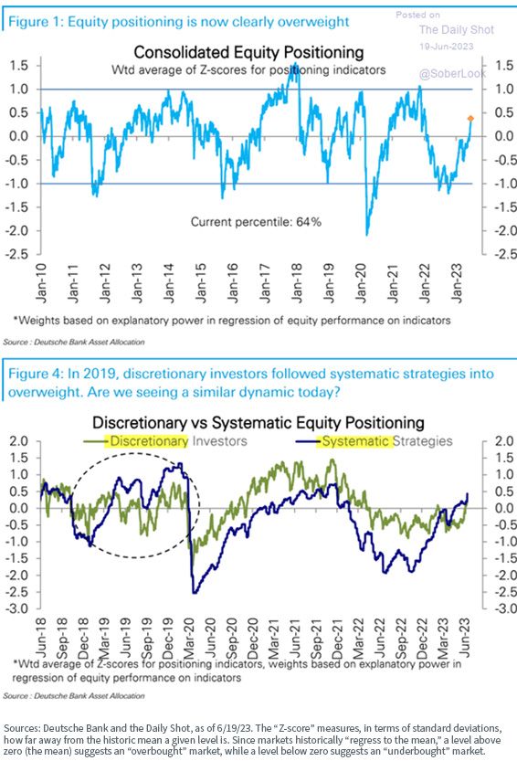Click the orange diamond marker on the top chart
pyautogui.click(x=470, y=119)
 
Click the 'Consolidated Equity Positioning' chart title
pyautogui.click(x=248, y=52)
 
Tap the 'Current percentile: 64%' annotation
pyautogui.click(x=256, y=222)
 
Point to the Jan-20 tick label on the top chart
pyautogui.click(x=361, y=283)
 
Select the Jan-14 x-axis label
pyautogui.click(x=168, y=283)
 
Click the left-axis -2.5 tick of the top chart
pyautogui.click(x=16, y=254)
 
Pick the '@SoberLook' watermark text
pyautogui.click(x=452, y=74)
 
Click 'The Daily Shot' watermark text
pyautogui.click(x=457, y=29)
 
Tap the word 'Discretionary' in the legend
pyautogui.click(x=149, y=441)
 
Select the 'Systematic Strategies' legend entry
pyautogui.click(x=387, y=441)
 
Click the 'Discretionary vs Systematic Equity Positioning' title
pyautogui.click(x=258, y=423)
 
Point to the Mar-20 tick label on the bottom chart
pyautogui.click(x=189, y=638)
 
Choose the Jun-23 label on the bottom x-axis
pyautogui.click(x=465, y=638)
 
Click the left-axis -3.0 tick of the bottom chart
pyautogui.click(x=17, y=608)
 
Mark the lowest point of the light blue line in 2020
pyautogui.click(x=366, y=235)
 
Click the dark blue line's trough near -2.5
pyautogui.click(x=195, y=592)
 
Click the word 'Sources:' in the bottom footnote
pyautogui.click(x=22, y=728)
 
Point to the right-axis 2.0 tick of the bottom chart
pyautogui.click(x=504, y=441)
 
